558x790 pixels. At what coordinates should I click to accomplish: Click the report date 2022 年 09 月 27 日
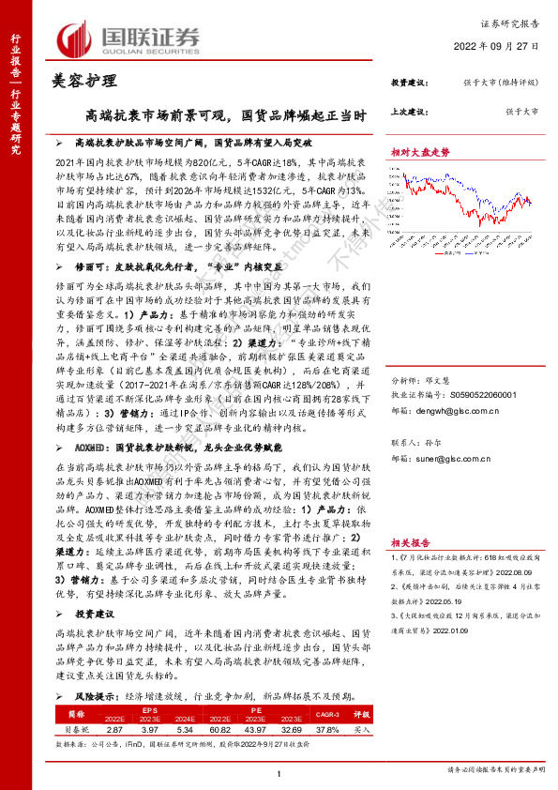(505, 44)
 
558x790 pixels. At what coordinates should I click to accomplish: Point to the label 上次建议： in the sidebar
(409, 111)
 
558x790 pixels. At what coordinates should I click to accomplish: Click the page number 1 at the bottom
(279, 771)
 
